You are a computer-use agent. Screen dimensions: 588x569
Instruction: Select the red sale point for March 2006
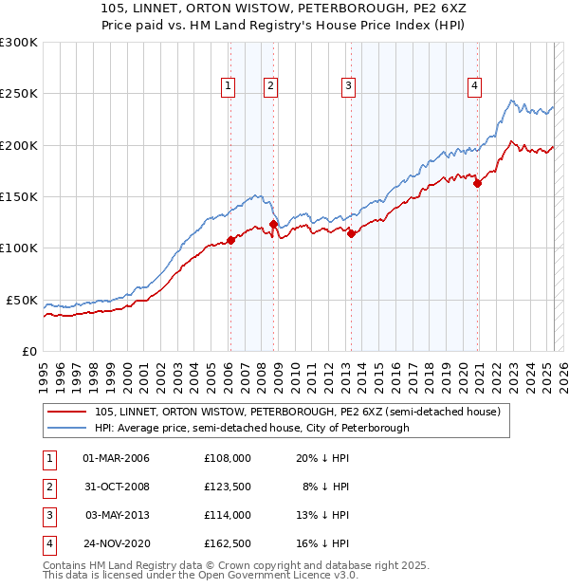(230, 240)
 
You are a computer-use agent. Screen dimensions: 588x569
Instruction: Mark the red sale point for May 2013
(351, 233)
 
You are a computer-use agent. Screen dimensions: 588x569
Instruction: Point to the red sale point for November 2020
(477, 184)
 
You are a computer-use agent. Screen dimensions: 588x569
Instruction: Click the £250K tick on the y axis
(19, 94)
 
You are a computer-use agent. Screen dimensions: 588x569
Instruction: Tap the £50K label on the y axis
(22, 300)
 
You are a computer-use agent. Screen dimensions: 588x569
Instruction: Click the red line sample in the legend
(68, 413)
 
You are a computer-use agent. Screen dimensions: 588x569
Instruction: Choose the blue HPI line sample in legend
(68, 429)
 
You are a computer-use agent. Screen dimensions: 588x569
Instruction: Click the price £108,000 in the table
(228, 458)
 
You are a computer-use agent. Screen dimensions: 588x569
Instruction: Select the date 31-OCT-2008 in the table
(117, 487)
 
